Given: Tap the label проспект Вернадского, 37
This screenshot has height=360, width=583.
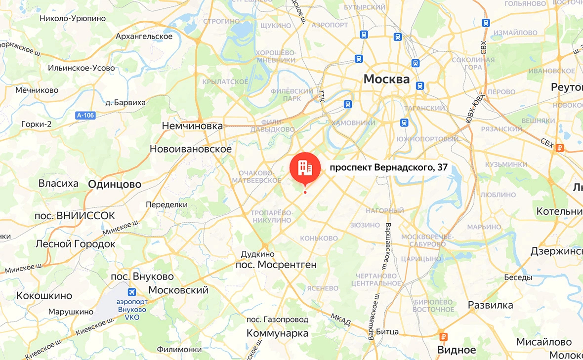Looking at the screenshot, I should click(388, 168).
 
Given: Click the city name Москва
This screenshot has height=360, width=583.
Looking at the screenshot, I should click(386, 79).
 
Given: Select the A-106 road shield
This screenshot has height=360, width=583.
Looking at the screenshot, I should click(85, 115).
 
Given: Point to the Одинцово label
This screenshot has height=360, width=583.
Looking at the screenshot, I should click(115, 184).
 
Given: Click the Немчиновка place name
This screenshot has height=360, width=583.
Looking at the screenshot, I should click(192, 126).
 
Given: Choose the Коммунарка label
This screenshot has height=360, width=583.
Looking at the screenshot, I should click(278, 333).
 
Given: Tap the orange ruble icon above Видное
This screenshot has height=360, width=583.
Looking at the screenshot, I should click(443, 337).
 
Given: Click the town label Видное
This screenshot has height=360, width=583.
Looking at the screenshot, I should click(457, 350).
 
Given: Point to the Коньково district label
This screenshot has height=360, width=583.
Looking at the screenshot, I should click(319, 238).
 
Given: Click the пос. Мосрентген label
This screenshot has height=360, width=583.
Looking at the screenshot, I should click(275, 265).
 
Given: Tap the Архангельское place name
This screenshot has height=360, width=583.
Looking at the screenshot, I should click(144, 37).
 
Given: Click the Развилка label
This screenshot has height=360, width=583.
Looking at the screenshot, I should click(491, 305).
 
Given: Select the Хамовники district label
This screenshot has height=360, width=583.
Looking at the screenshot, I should click(352, 122).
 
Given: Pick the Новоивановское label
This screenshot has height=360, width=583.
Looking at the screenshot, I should click(191, 149).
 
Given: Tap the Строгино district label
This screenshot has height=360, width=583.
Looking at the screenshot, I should click(221, 21).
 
